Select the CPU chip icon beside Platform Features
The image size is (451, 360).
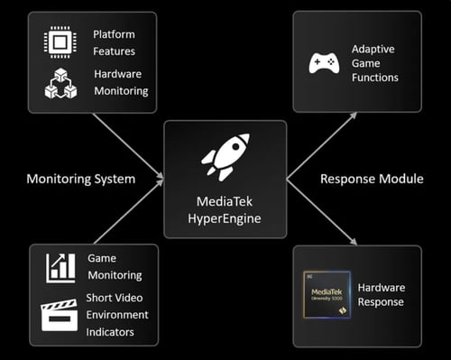[x=60, y=42]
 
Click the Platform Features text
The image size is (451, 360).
[x=114, y=42]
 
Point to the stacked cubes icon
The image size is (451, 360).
[x=60, y=84]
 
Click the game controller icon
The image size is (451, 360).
[x=324, y=63]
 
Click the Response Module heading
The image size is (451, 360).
[x=372, y=179]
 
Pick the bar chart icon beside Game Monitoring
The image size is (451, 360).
[x=60, y=267]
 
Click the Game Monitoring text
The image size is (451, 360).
[x=115, y=266]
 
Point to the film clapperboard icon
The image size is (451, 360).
[x=60, y=315]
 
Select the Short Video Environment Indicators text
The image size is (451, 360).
[x=117, y=314]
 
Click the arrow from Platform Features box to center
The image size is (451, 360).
[x=128, y=143]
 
